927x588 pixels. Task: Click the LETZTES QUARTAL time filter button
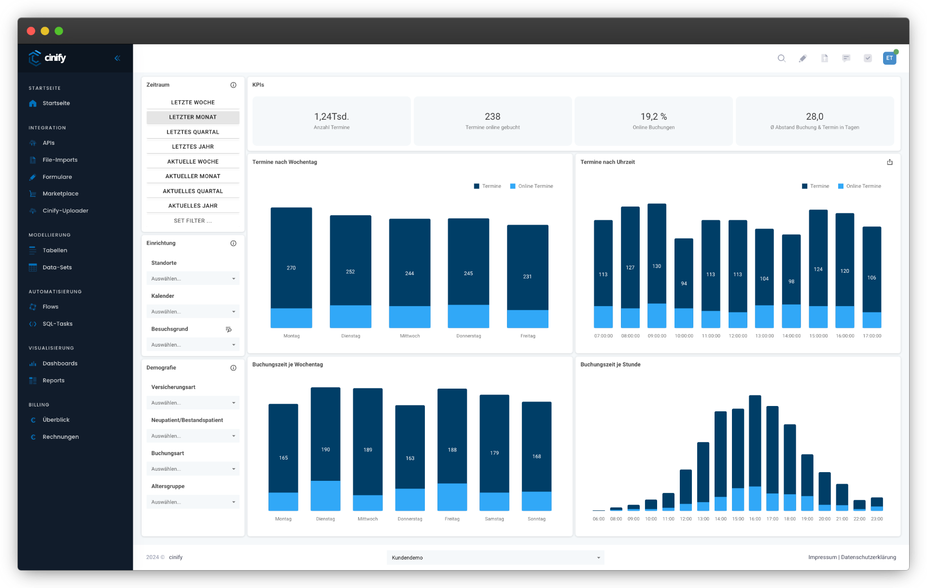[193, 132]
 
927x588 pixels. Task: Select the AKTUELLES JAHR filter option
[193, 206]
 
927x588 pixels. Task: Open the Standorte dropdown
[193, 279]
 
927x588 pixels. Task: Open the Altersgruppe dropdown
[193, 502]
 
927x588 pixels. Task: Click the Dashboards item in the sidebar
[60, 364]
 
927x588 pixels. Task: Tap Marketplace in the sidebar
[60, 194]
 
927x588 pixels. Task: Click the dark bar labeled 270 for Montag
[291, 258]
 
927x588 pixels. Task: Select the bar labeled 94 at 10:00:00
[684, 273]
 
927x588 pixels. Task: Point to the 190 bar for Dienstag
[325, 434]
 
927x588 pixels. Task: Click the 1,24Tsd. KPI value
[331, 116]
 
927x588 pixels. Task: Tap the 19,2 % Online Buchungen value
[653, 116]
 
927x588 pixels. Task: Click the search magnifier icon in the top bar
[781, 58]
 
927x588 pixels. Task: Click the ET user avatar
[889, 58]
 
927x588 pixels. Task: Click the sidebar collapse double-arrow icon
[117, 58]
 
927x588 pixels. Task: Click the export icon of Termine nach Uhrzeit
[889, 162]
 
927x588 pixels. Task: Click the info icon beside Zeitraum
[233, 85]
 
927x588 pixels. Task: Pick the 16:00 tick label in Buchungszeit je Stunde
[755, 519]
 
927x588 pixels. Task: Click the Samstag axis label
[494, 519]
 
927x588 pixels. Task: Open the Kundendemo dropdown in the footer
[495, 558]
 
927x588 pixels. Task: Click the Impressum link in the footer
[822, 557]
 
